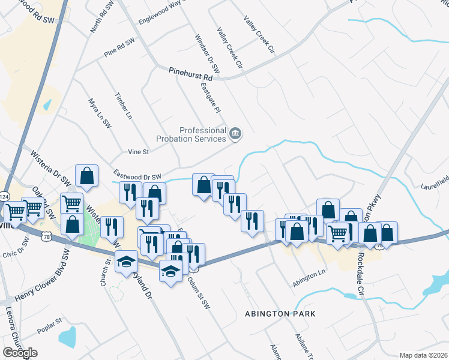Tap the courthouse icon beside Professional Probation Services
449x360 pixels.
[x=235, y=133]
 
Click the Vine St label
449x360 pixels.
[x=138, y=152]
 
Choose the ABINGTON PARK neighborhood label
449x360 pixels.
[x=280, y=314]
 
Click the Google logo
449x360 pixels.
[x=20, y=353]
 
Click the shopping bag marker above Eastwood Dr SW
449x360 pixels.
[x=87, y=176]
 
